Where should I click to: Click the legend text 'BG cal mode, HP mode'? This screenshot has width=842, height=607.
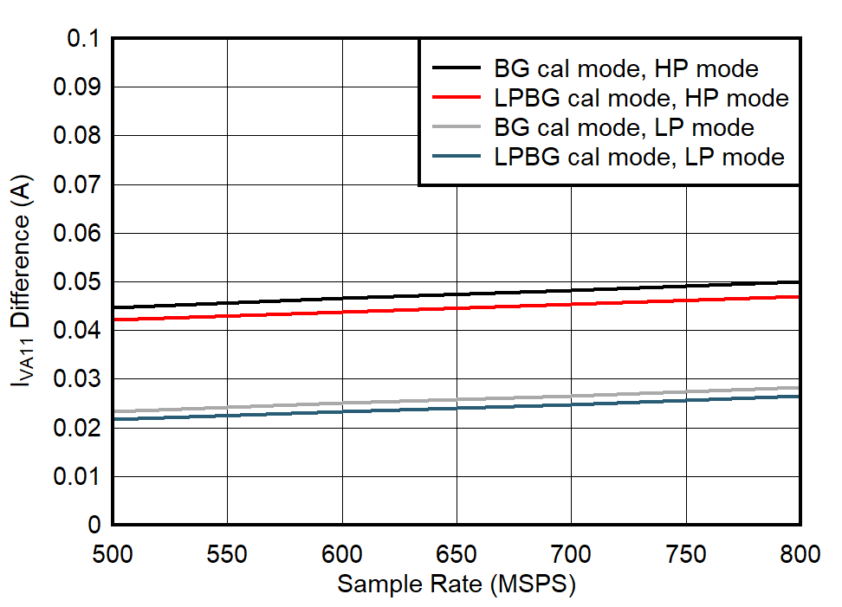(x=626, y=68)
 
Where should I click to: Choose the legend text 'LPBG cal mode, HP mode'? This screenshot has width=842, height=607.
(x=641, y=98)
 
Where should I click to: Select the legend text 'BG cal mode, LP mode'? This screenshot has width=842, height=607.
(x=624, y=127)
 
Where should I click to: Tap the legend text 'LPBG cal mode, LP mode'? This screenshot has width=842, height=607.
(x=639, y=157)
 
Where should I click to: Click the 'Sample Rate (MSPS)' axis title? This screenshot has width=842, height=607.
(x=457, y=584)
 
